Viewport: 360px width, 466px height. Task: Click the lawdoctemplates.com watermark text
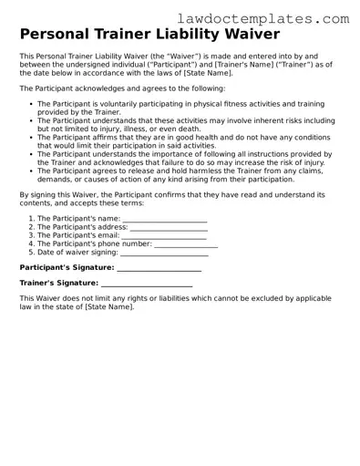coord(275,17)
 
